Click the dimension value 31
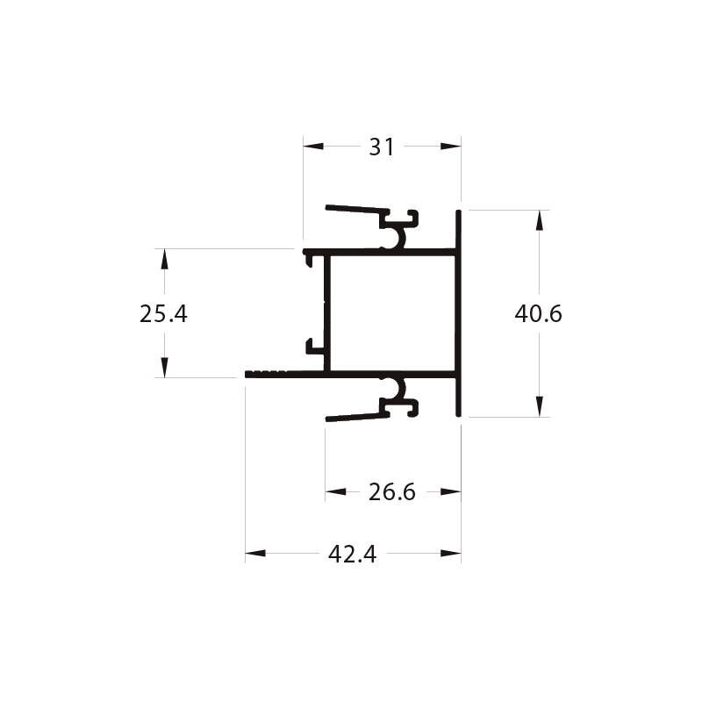pyautogui.click(x=382, y=147)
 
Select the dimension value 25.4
pyautogui.click(x=163, y=313)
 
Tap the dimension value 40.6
pyautogui.click(x=538, y=313)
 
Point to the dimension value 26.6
pyautogui.click(x=392, y=492)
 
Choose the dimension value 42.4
pyautogui.click(x=353, y=554)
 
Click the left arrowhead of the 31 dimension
pyautogui.click(x=313, y=146)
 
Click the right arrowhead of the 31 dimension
pyautogui.click(x=450, y=146)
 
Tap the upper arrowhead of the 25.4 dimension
pyautogui.click(x=164, y=259)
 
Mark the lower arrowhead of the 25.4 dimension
pyautogui.click(x=164, y=367)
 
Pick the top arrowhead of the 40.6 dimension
pyautogui.click(x=540, y=220)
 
